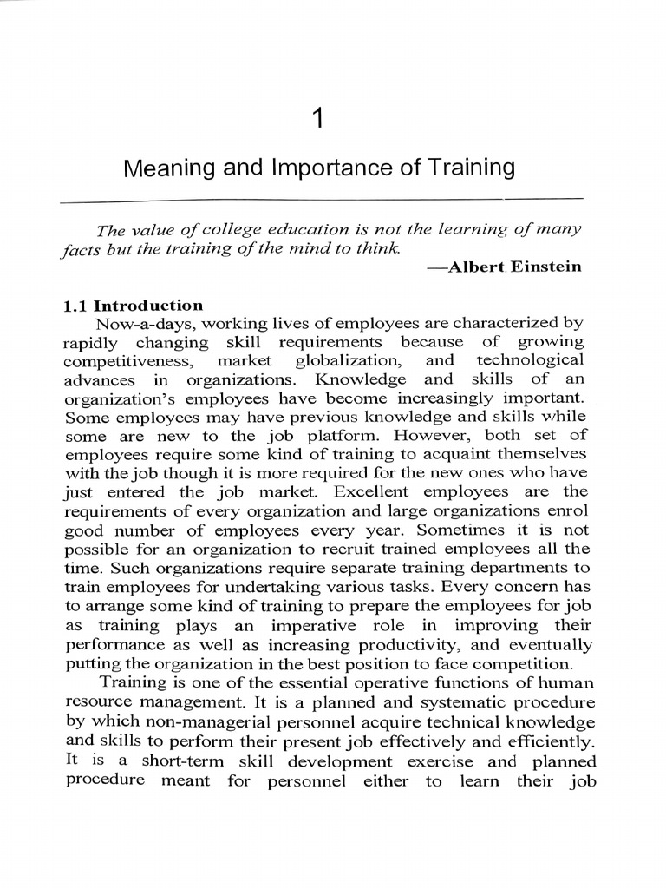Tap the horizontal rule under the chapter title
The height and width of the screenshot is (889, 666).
click(321, 200)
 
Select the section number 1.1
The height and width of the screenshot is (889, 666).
click(75, 306)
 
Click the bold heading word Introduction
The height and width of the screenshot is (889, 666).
click(148, 306)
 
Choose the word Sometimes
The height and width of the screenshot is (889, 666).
click(449, 530)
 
